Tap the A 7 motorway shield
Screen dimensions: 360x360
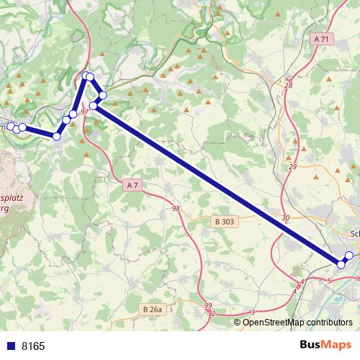[130, 185]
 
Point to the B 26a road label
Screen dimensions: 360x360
[152, 310]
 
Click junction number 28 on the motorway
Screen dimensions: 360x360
[289, 85]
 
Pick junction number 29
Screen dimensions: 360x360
[292, 166]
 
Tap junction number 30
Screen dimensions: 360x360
[286, 217]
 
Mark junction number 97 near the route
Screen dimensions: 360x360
[84, 112]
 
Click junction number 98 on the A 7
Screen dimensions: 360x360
[176, 208]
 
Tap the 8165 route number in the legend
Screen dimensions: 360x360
[33, 346]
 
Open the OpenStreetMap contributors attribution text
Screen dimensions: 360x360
[298, 322]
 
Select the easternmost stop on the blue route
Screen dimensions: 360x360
[349, 256]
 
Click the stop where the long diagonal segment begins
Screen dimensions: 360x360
[93, 106]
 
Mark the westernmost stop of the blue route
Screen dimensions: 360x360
[11, 127]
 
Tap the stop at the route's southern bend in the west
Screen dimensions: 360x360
[57, 136]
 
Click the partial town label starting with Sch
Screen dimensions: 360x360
[354, 233]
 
